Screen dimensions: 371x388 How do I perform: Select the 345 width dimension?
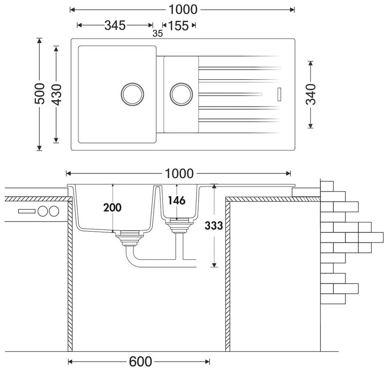(115, 25)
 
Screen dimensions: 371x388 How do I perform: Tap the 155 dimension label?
(178, 25)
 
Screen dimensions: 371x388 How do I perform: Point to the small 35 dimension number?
(158, 33)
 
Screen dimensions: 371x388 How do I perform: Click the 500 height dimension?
(39, 94)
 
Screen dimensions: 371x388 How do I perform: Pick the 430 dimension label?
(57, 94)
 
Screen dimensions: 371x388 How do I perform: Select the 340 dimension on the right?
(311, 94)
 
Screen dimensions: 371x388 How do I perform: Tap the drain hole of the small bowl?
(181, 93)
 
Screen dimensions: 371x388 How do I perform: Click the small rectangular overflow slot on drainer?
(280, 94)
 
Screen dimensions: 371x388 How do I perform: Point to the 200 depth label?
(112, 208)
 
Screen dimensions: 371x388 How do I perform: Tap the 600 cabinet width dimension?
(141, 362)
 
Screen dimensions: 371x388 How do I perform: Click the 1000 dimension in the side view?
(179, 173)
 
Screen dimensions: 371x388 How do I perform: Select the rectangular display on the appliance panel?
(27, 211)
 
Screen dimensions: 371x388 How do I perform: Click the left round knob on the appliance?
(43, 211)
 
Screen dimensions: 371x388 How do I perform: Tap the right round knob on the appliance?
(54, 211)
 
